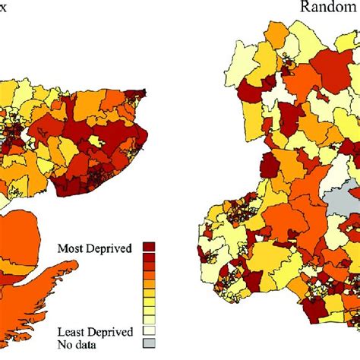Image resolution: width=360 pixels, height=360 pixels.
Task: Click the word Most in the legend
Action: click(71, 248)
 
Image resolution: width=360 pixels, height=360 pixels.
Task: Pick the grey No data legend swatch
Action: click(150, 344)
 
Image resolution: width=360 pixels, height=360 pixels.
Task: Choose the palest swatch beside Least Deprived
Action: click(150, 332)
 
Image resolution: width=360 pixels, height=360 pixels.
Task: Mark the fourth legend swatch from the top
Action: click(150, 276)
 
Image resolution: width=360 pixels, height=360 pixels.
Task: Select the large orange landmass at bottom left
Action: click(30, 251)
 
